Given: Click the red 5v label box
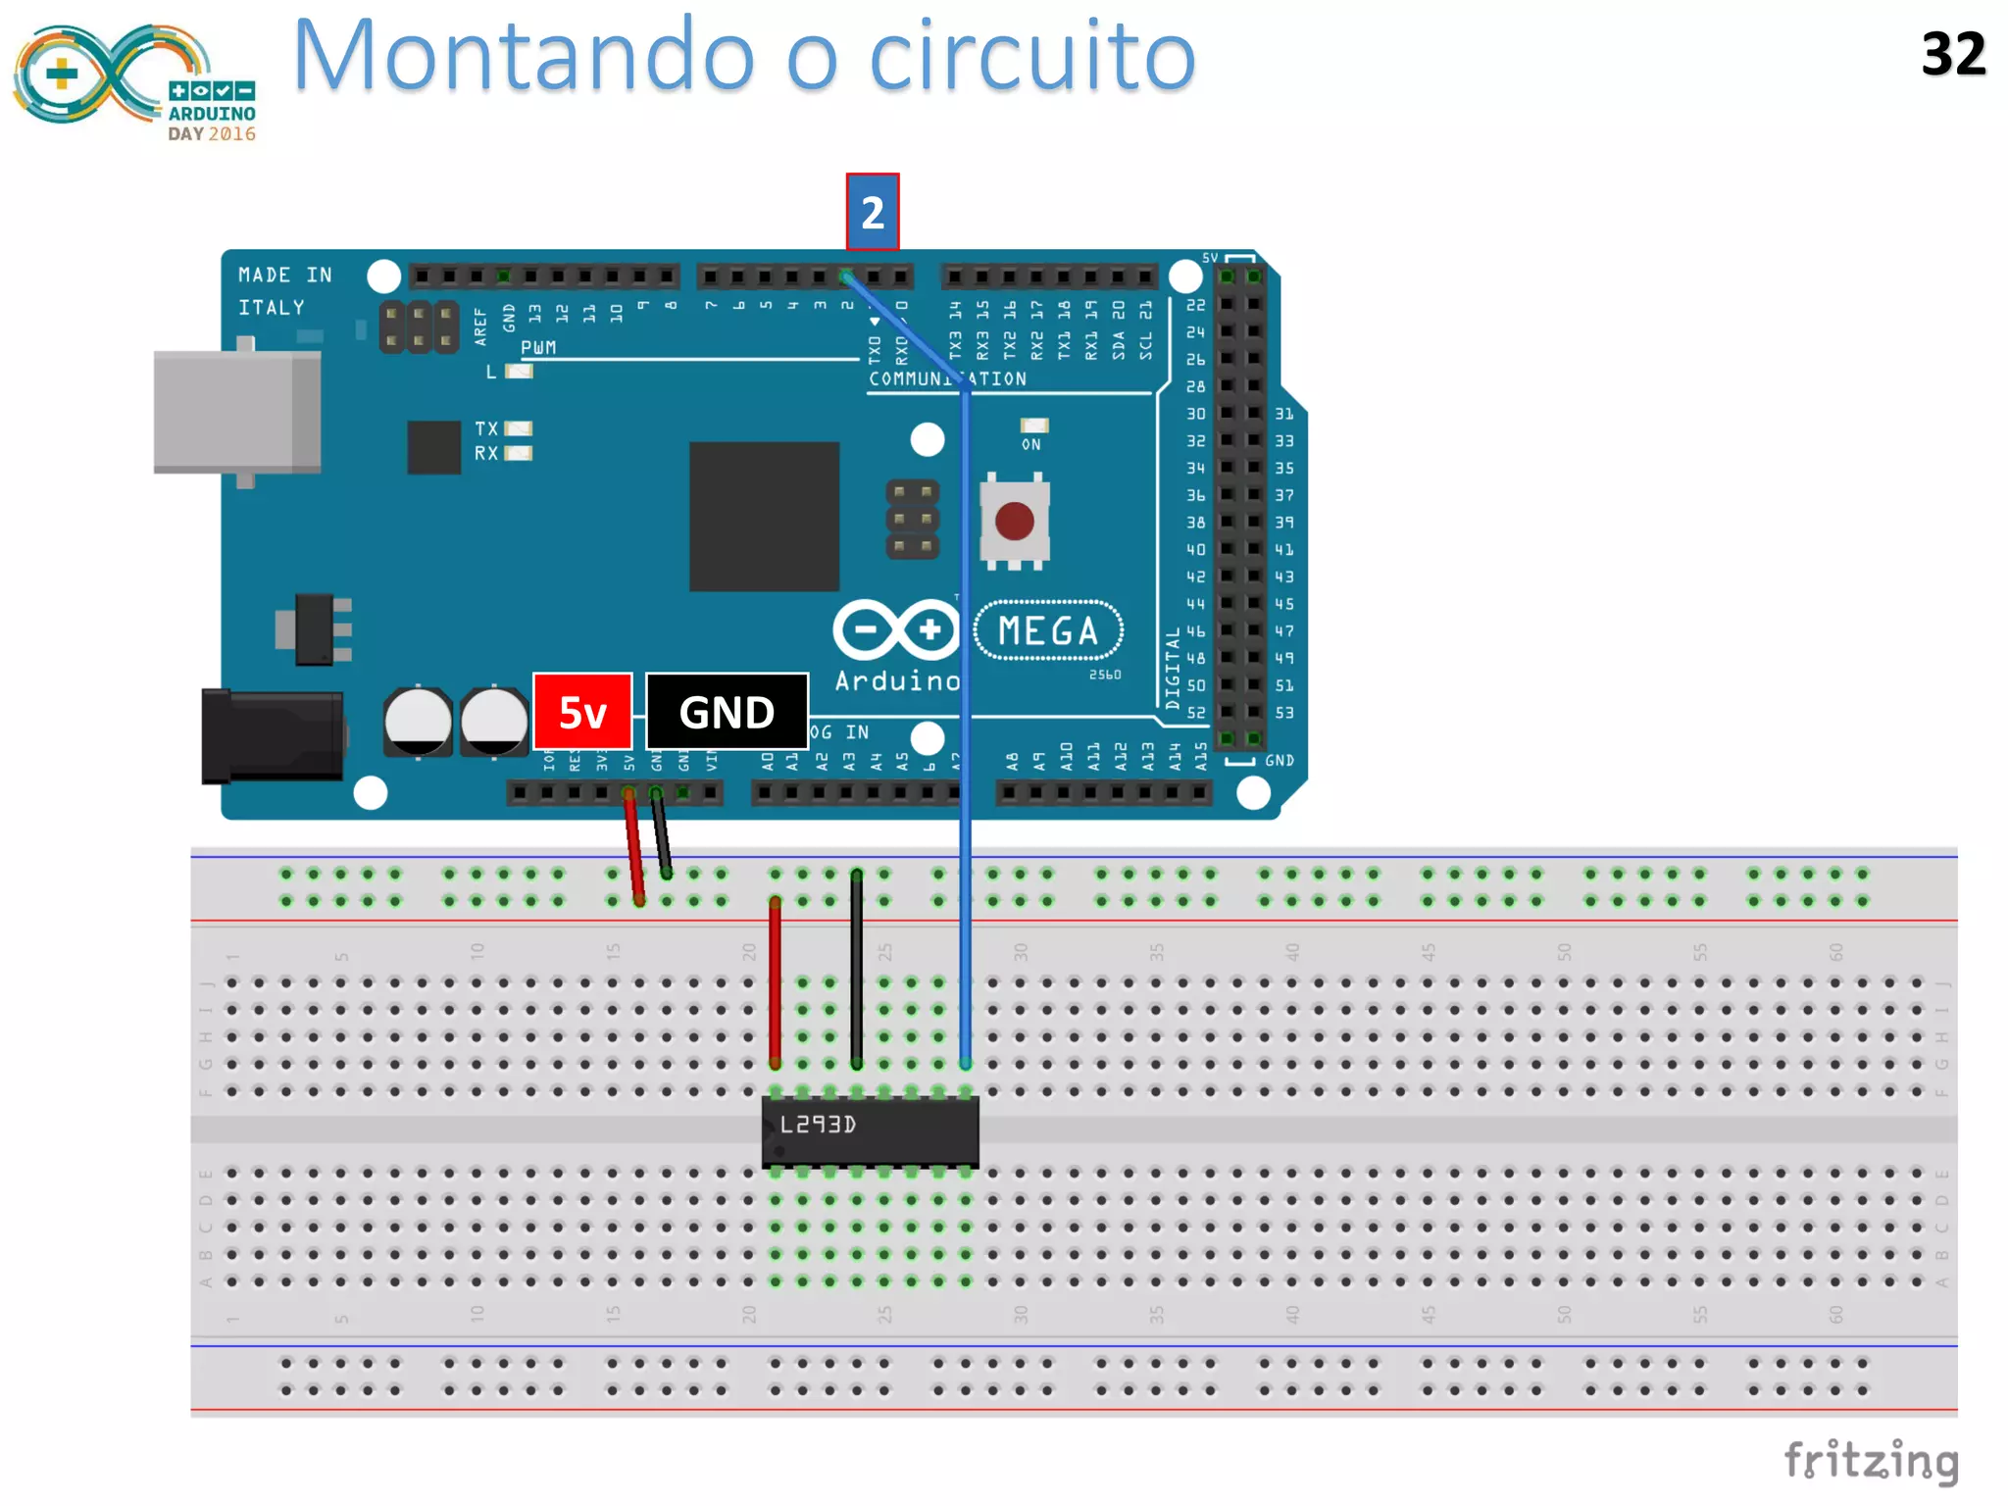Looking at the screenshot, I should (582, 712).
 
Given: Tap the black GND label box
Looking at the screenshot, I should (727, 712).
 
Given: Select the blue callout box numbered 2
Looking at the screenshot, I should (872, 212).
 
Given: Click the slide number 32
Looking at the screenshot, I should (1953, 54).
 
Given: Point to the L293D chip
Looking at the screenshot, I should (870, 1131).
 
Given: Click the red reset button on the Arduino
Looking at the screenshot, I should (1014, 521).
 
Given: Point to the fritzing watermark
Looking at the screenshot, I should (1871, 1461).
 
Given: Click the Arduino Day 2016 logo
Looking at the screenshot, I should (135, 82).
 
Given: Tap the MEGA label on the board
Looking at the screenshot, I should (1048, 630).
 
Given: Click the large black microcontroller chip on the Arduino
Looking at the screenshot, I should (764, 517).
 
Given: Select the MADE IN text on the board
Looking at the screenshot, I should (284, 276).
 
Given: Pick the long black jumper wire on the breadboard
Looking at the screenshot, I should (857, 971).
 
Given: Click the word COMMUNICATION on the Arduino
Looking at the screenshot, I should (946, 379).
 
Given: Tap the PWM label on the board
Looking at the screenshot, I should (538, 347).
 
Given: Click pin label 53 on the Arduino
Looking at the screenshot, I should (1284, 713).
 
